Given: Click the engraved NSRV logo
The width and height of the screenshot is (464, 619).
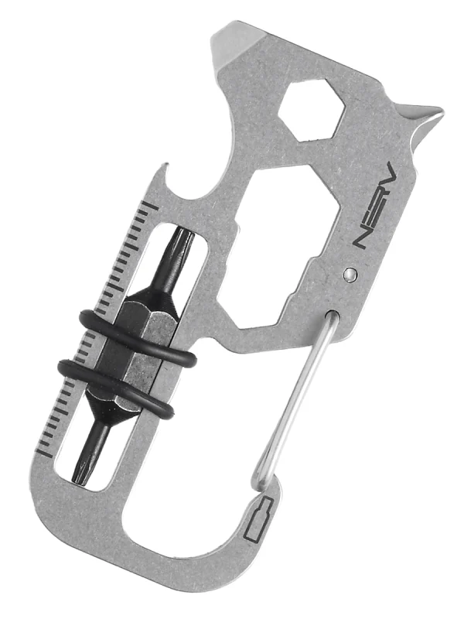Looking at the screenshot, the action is (374, 205).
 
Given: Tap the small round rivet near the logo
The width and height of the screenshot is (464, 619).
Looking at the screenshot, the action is (350, 274).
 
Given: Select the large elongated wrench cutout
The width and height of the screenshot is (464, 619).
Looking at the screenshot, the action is (279, 247).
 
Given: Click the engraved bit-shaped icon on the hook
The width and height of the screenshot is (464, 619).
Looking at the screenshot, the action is (258, 519).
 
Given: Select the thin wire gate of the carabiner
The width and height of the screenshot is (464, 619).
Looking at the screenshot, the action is (294, 398).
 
